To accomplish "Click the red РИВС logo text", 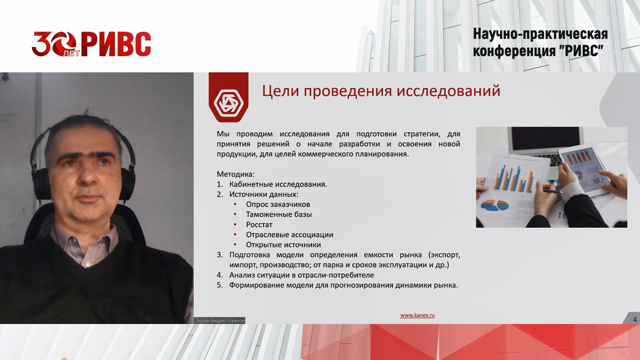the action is (116, 44).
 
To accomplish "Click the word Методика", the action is (235, 174).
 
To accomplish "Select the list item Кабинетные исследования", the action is (278, 184).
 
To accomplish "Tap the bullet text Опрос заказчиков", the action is (278, 204).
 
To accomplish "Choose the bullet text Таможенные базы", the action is (279, 214).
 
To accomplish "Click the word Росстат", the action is (259, 225).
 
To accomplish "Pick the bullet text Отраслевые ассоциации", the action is (289, 235).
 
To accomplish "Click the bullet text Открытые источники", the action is (283, 245).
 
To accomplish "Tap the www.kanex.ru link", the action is (417, 315).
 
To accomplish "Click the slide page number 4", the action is (635, 319).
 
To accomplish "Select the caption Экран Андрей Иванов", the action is (220, 320).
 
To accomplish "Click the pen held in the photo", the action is (552, 191).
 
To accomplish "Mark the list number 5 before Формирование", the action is (220, 285).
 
